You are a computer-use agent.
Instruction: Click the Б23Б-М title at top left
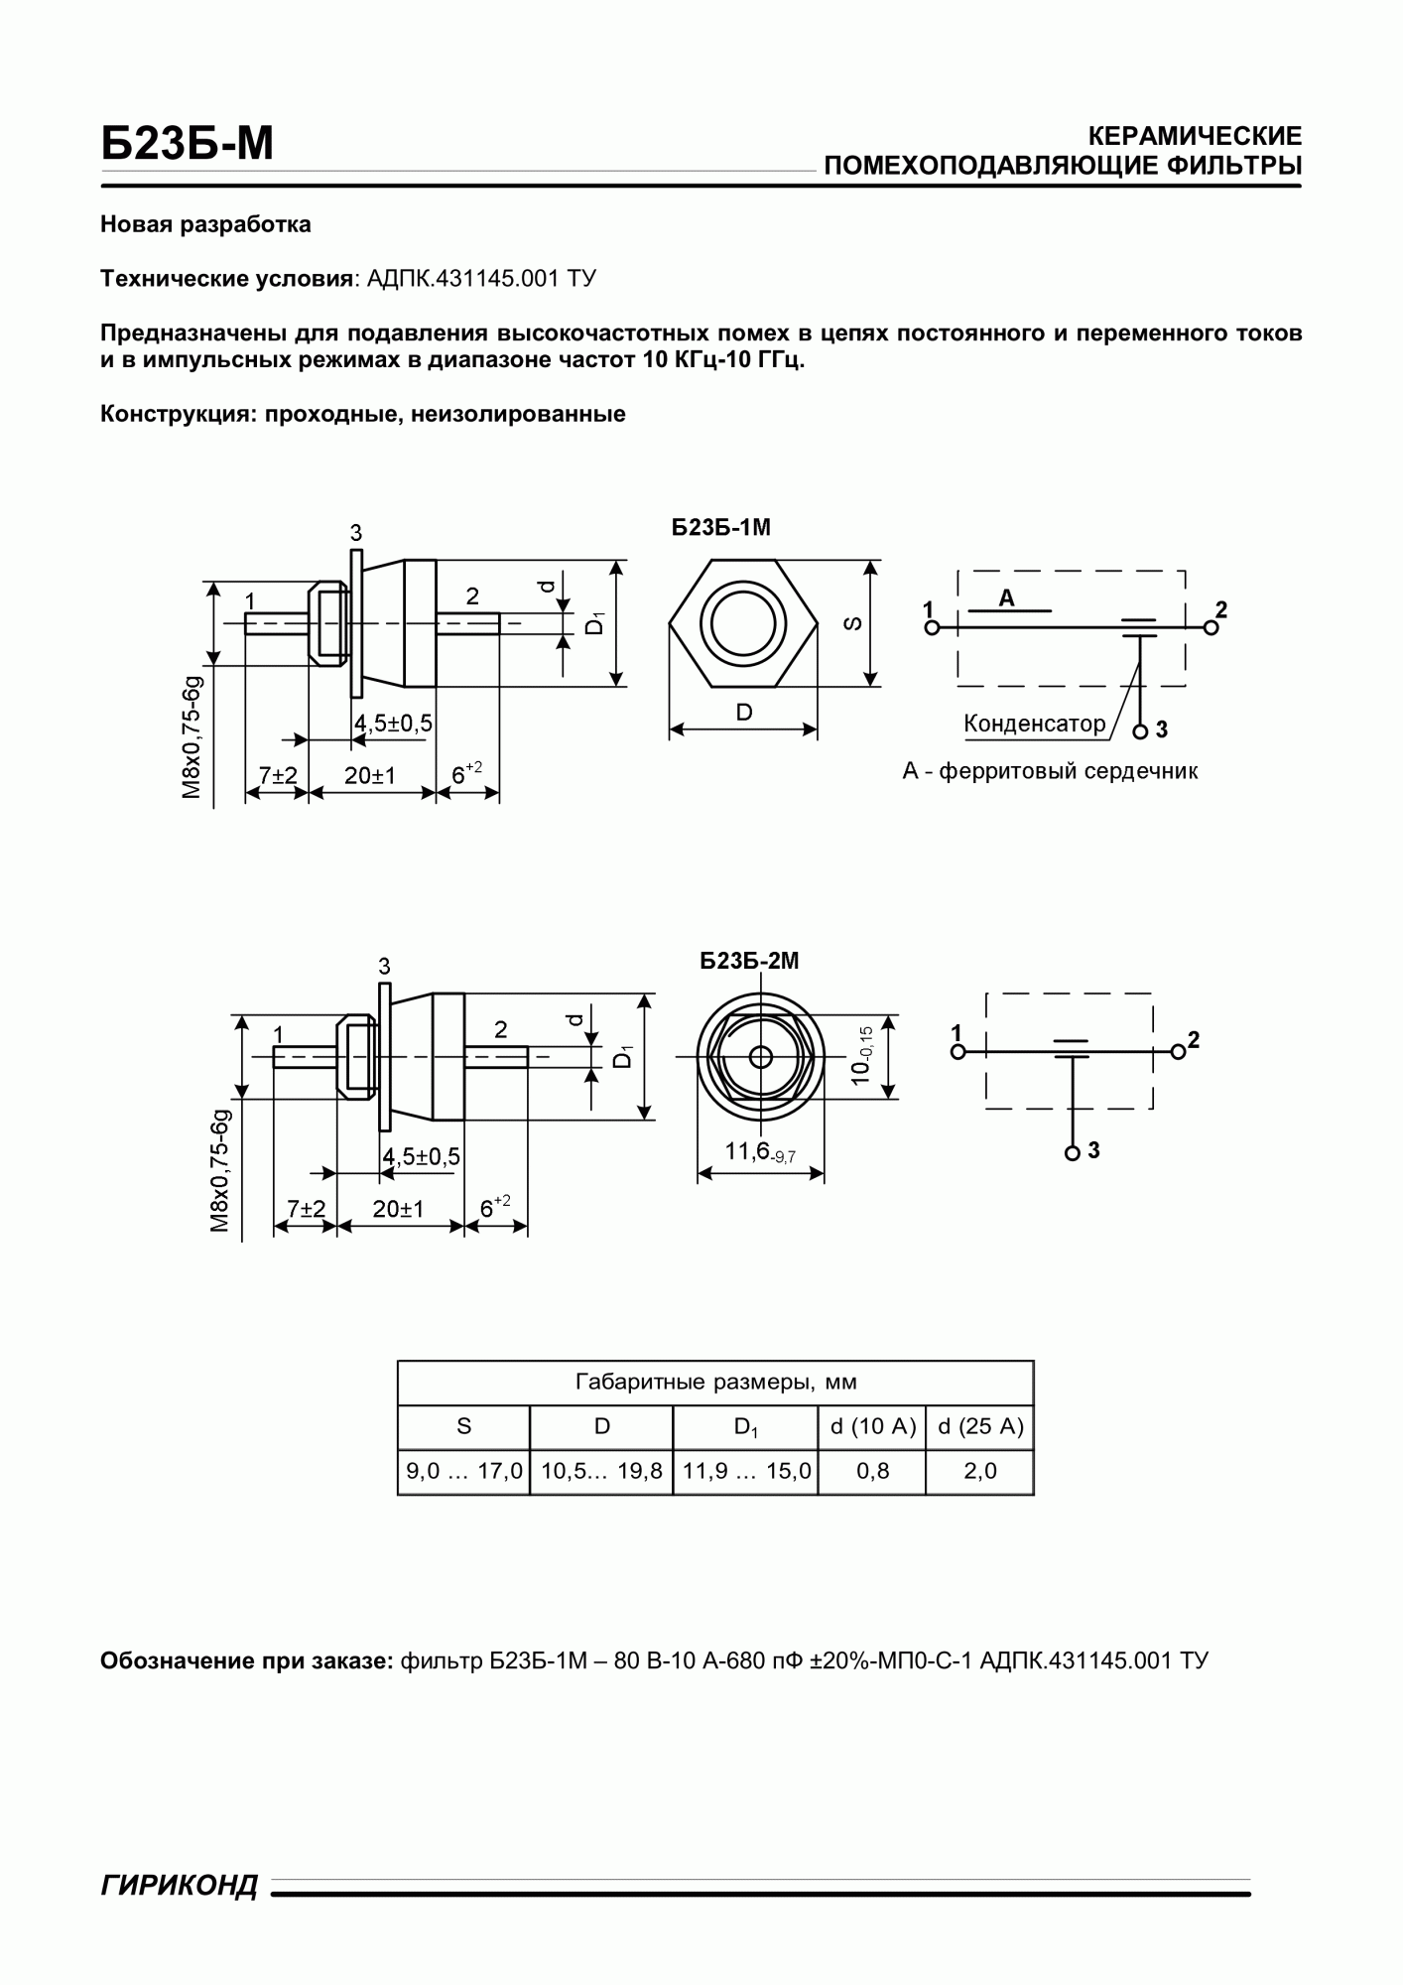tap(187, 145)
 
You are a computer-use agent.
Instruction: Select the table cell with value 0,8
tap(872, 1471)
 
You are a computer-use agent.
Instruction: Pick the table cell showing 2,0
tap(979, 1471)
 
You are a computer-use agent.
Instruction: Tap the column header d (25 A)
tap(979, 1426)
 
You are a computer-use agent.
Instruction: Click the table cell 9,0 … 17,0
tap(463, 1471)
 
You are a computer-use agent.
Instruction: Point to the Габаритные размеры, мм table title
tap(715, 1382)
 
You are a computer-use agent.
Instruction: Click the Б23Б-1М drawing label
tap(720, 528)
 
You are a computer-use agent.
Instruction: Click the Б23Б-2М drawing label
tap(749, 961)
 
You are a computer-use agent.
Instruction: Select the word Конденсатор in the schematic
tap(1034, 724)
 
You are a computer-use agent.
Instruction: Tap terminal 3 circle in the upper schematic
tap(1140, 731)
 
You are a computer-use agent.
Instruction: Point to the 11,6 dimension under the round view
tap(760, 1152)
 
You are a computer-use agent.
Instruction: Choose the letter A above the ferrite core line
tap(1007, 598)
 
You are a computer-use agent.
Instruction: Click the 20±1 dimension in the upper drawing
tap(370, 775)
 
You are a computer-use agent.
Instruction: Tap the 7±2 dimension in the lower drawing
tap(306, 1209)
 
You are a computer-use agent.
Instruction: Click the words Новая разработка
tap(205, 224)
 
